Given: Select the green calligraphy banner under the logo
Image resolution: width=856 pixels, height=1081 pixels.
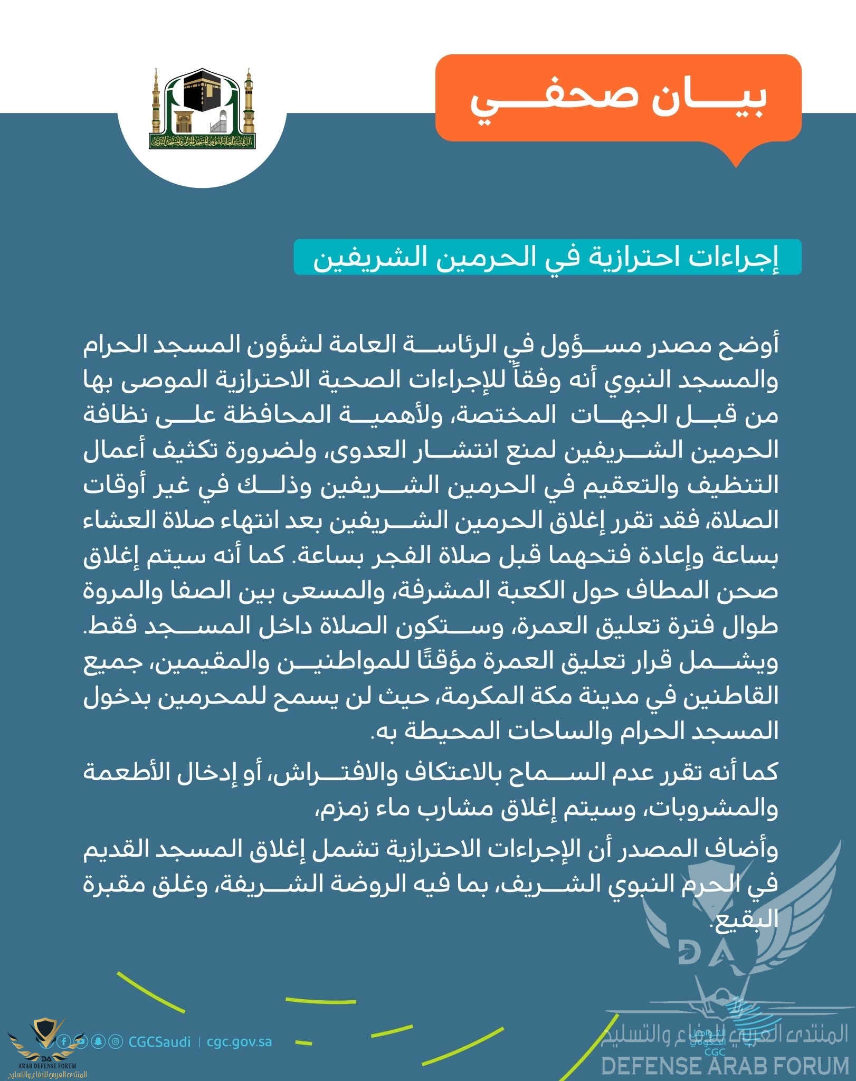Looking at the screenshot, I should tap(202, 141).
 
